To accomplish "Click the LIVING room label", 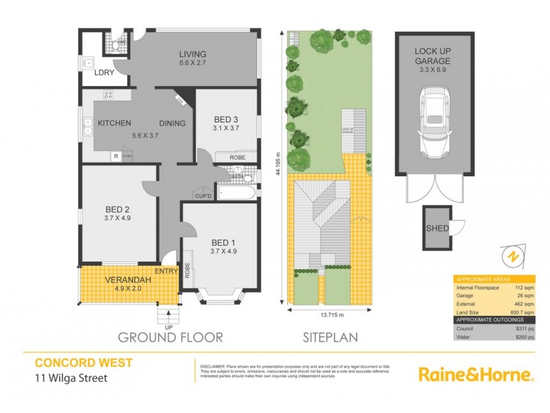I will (192, 55).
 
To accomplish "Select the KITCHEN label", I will (114, 123).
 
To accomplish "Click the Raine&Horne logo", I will (476, 374).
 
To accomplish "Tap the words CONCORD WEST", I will (74, 362).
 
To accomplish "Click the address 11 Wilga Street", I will (70, 377).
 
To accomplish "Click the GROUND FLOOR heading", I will (170, 337).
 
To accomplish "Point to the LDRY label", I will (104, 72).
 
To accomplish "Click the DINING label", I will (173, 123).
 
